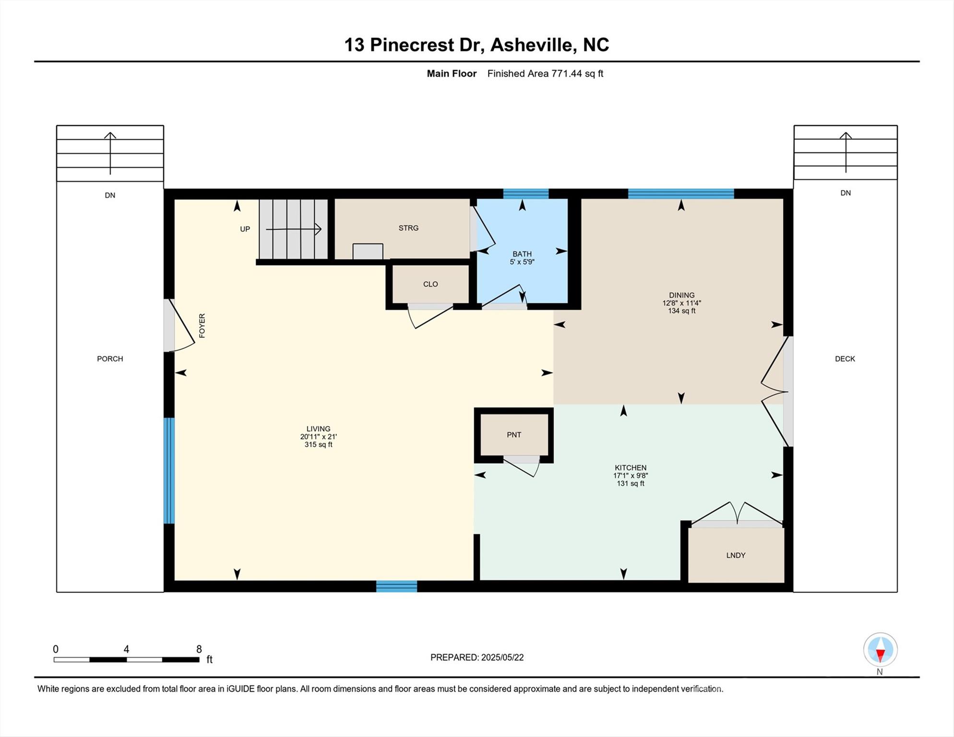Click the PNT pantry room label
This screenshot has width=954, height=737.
tap(514, 435)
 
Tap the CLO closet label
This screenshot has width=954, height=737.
tap(430, 284)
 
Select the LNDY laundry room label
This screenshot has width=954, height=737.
tap(736, 555)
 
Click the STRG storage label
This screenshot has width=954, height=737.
tap(408, 228)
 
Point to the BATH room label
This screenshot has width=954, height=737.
tap(522, 254)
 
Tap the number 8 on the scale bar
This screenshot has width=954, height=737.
tap(199, 649)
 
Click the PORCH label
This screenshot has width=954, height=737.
tap(110, 359)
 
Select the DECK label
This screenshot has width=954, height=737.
tap(845, 359)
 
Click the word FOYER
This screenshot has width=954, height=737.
tap(202, 326)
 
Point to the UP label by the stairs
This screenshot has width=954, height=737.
tap(245, 229)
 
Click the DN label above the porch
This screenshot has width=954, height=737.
tap(110, 195)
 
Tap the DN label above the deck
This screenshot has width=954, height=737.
tap(846, 193)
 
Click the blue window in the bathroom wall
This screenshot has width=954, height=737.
tap(526, 194)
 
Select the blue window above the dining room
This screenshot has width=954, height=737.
tap(681, 194)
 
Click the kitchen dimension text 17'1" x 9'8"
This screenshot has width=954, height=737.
tap(631, 475)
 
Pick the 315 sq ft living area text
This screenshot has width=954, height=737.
tap(319, 445)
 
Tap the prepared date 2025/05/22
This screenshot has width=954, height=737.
tap(502, 657)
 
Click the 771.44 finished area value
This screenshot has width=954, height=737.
tap(566, 73)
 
